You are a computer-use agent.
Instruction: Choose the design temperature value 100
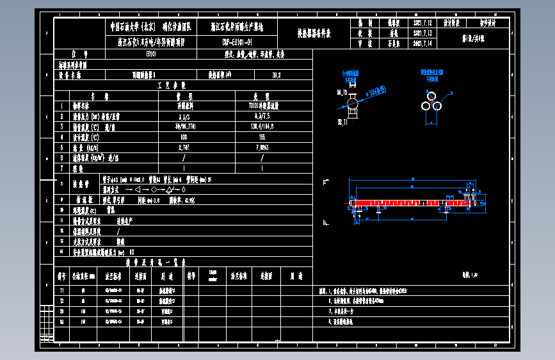(184, 137)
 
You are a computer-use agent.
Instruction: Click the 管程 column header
(184, 96)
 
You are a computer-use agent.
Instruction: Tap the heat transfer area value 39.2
(277, 75)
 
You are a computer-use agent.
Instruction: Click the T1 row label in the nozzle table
(62, 291)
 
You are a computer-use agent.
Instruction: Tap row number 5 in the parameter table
(62, 147)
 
